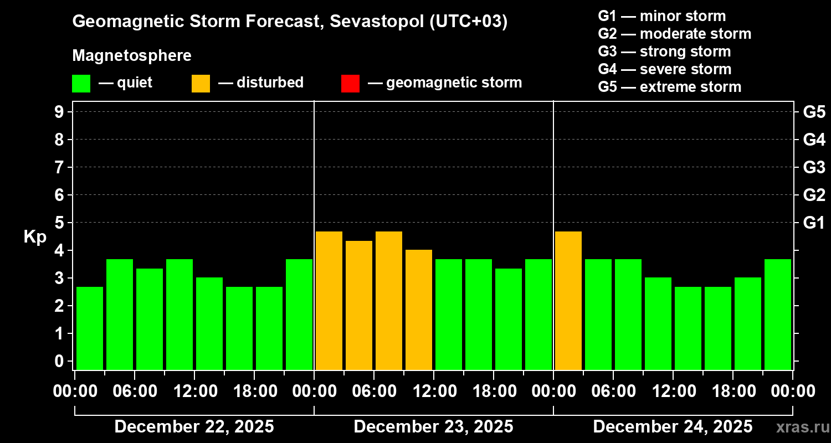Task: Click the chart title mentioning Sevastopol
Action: [x=290, y=22]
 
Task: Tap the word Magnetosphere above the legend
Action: [x=132, y=56]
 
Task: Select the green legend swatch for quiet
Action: [x=81, y=84]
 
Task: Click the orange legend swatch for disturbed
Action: [x=201, y=84]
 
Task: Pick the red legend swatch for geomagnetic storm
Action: [x=350, y=84]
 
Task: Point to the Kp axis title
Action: [x=35, y=236]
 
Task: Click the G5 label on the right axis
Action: [x=814, y=112]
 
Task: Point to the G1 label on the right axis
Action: [x=814, y=223]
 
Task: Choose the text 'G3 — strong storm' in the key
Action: [x=664, y=51]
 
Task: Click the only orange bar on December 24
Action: [x=568, y=300]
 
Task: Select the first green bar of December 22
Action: [x=90, y=328]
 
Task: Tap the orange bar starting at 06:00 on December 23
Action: [x=389, y=300]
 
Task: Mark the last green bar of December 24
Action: [x=778, y=314]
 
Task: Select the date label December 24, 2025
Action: [x=673, y=427]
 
